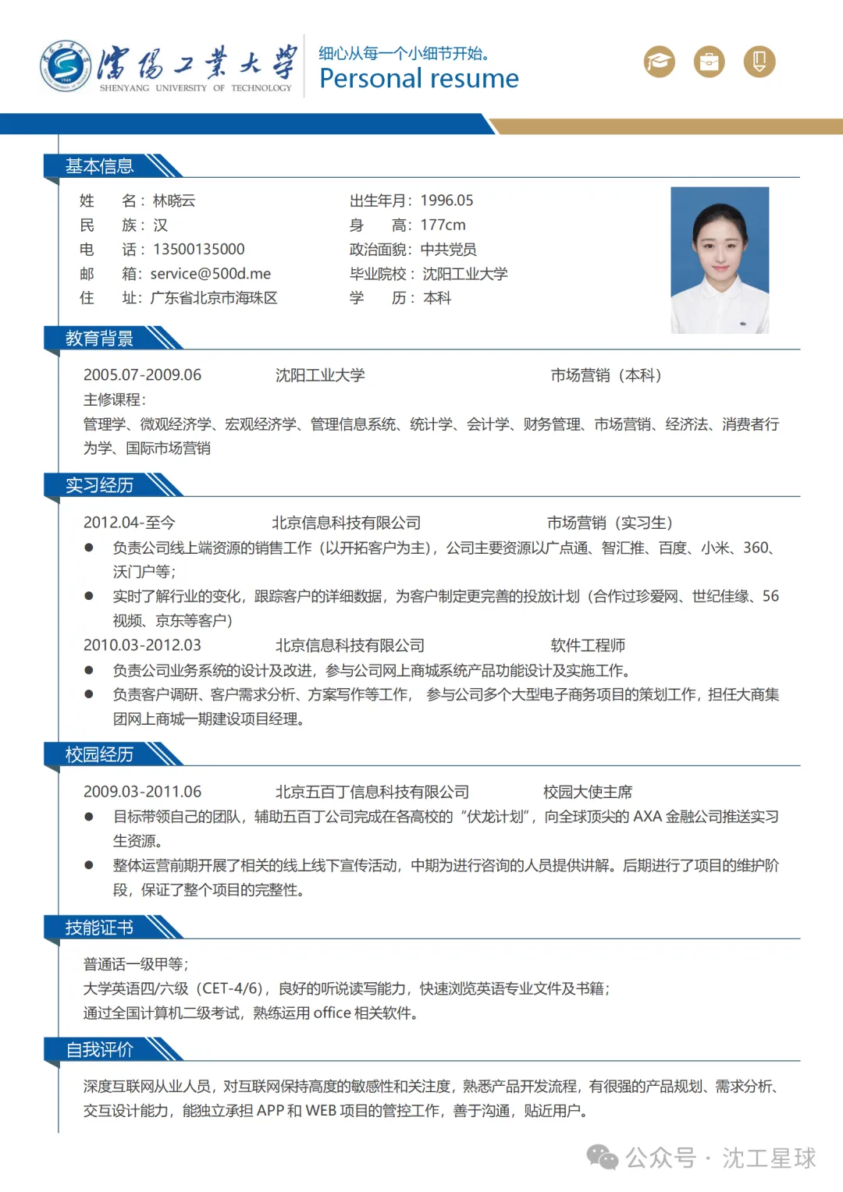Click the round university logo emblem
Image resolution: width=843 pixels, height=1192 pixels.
(x=66, y=66)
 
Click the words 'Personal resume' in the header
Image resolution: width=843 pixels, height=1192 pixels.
(x=419, y=79)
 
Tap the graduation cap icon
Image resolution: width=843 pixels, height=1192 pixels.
(x=660, y=62)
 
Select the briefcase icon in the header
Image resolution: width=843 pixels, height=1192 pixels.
(x=710, y=62)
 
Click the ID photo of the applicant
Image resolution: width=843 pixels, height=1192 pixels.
(x=720, y=260)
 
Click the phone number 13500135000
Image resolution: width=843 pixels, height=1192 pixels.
(x=198, y=250)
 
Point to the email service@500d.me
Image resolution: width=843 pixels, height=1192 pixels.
(x=211, y=274)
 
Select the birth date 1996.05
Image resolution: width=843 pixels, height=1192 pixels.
(x=446, y=200)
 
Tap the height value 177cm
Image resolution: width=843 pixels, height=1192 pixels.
(x=443, y=225)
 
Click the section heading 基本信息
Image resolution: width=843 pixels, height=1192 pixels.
(x=99, y=166)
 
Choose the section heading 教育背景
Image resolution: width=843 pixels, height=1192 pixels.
(x=99, y=339)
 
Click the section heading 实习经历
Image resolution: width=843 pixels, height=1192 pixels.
(x=99, y=485)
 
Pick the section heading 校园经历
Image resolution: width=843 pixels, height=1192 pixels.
(x=99, y=754)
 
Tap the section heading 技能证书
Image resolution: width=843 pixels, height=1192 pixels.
(x=99, y=928)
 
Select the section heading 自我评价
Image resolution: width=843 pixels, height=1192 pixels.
(x=99, y=1050)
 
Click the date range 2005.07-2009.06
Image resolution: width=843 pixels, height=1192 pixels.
(x=142, y=375)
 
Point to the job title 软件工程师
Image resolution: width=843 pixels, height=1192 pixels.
(x=588, y=645)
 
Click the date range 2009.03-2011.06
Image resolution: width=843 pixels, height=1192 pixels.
(x=142, y=792)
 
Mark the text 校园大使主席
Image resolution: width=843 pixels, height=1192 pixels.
(x=588, y=792)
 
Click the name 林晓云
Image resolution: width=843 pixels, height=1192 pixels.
(x=174, y=200)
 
